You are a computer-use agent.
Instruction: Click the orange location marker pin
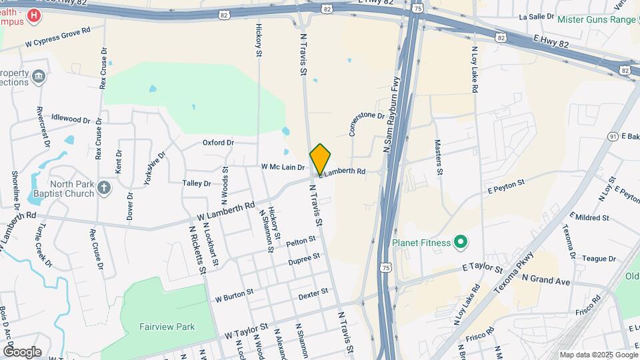[x=320, y=159]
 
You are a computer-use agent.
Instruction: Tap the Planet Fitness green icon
[x=460, y=242]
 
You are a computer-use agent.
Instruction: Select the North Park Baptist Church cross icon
[x=103, y=188]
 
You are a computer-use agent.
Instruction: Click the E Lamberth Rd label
[x=343, y=172]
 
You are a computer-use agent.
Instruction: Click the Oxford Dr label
[x=218, y=143]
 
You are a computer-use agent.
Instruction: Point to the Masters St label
[x=439, y=157]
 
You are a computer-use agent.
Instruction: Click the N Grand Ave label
[x=546, y=280]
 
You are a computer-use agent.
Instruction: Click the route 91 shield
[x=613, y=136]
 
